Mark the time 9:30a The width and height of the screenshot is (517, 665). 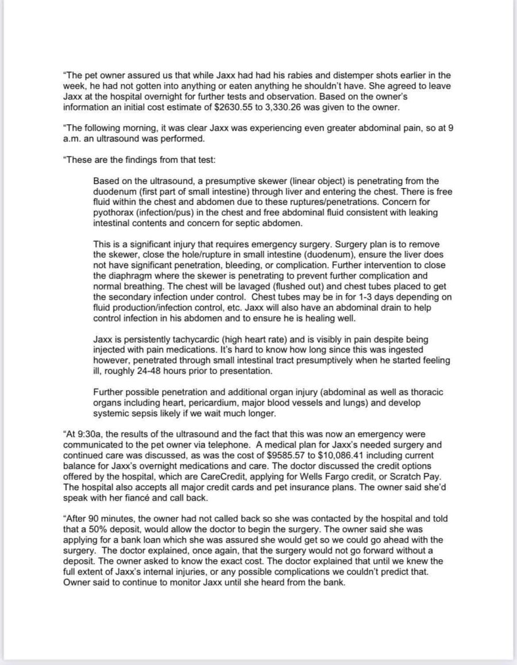coord(85,434)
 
